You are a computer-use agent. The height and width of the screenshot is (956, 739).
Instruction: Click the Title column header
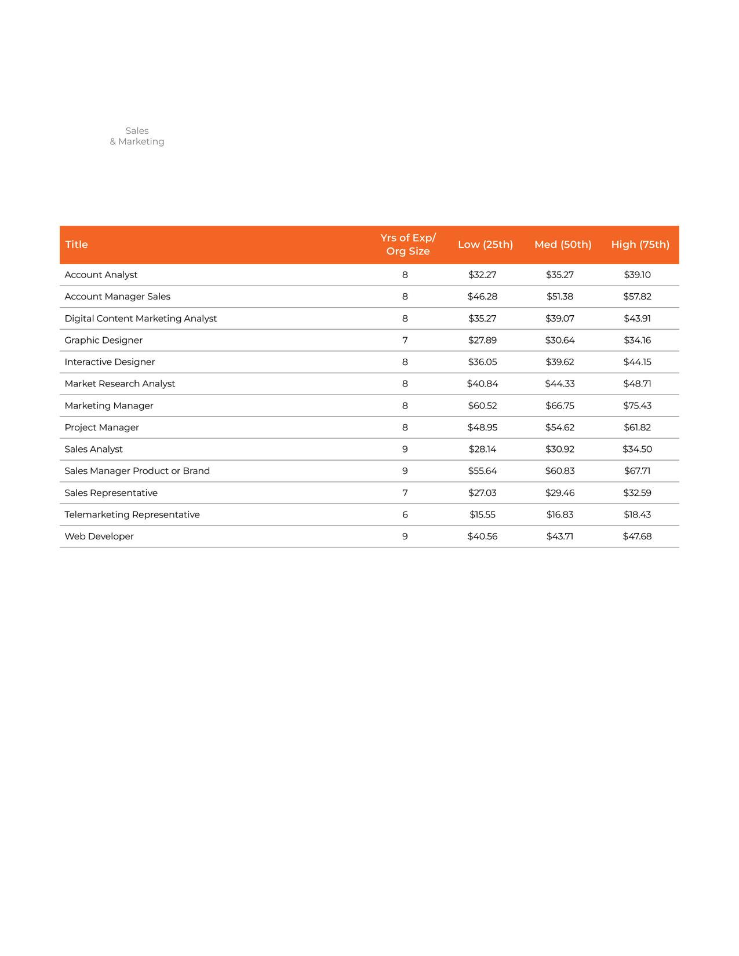pyautogui.click(x=77, y=245)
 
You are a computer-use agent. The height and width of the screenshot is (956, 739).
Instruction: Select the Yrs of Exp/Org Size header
pyautogui.click(x=408, y=245)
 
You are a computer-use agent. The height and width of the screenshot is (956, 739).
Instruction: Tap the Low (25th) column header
pyautogui.click(x=485, y=245)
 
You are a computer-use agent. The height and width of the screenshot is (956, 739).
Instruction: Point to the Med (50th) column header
pyautogui.click(x=563, y=245)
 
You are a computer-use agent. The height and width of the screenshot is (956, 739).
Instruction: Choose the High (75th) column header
pyautogui.click(x=640, y=245)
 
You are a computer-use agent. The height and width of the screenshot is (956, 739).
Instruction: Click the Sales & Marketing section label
pyautogui.click(x=137, y=136)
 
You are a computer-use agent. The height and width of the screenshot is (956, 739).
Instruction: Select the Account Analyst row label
pyautogui.click(x=101, y=275)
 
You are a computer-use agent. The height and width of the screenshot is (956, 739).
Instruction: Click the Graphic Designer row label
pyautogui.click(x=103, y=340)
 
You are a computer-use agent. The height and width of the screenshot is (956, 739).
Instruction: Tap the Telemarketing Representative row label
pyautogui.click(x=132, y=515)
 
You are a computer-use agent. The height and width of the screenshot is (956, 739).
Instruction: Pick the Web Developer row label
pyautogui.click(x=99, y=537)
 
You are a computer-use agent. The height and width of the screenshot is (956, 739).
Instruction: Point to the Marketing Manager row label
pyautogui.click(x=109, y=406)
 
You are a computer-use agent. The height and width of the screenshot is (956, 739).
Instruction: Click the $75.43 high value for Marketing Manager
pyautogui.click(x=637, y=406)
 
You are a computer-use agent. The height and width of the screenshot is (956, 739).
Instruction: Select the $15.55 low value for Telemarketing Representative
pyautogui.click(x=482, y=515)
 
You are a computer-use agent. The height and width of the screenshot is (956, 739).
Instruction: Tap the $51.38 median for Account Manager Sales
pyautogui.click(x=559, y=297)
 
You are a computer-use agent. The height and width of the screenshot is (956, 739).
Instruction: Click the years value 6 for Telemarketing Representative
pyautogui.click(x=405, y=515)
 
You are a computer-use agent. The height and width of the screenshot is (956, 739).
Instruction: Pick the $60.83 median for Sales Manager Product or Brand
pyautogui.click(x=559, y=471)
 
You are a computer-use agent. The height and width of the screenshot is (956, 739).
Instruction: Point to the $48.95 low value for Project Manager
pyautogui.click(x=482, y=428)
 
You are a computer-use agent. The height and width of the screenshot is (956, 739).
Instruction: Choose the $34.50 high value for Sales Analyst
pyautogui.click(x=637, y=449)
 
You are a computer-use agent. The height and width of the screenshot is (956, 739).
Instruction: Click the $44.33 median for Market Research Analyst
pyautogui.click(x=559, y=384)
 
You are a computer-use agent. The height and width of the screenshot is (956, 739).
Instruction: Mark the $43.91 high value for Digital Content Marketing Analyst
pyautogui.click(x=637, y=319)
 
